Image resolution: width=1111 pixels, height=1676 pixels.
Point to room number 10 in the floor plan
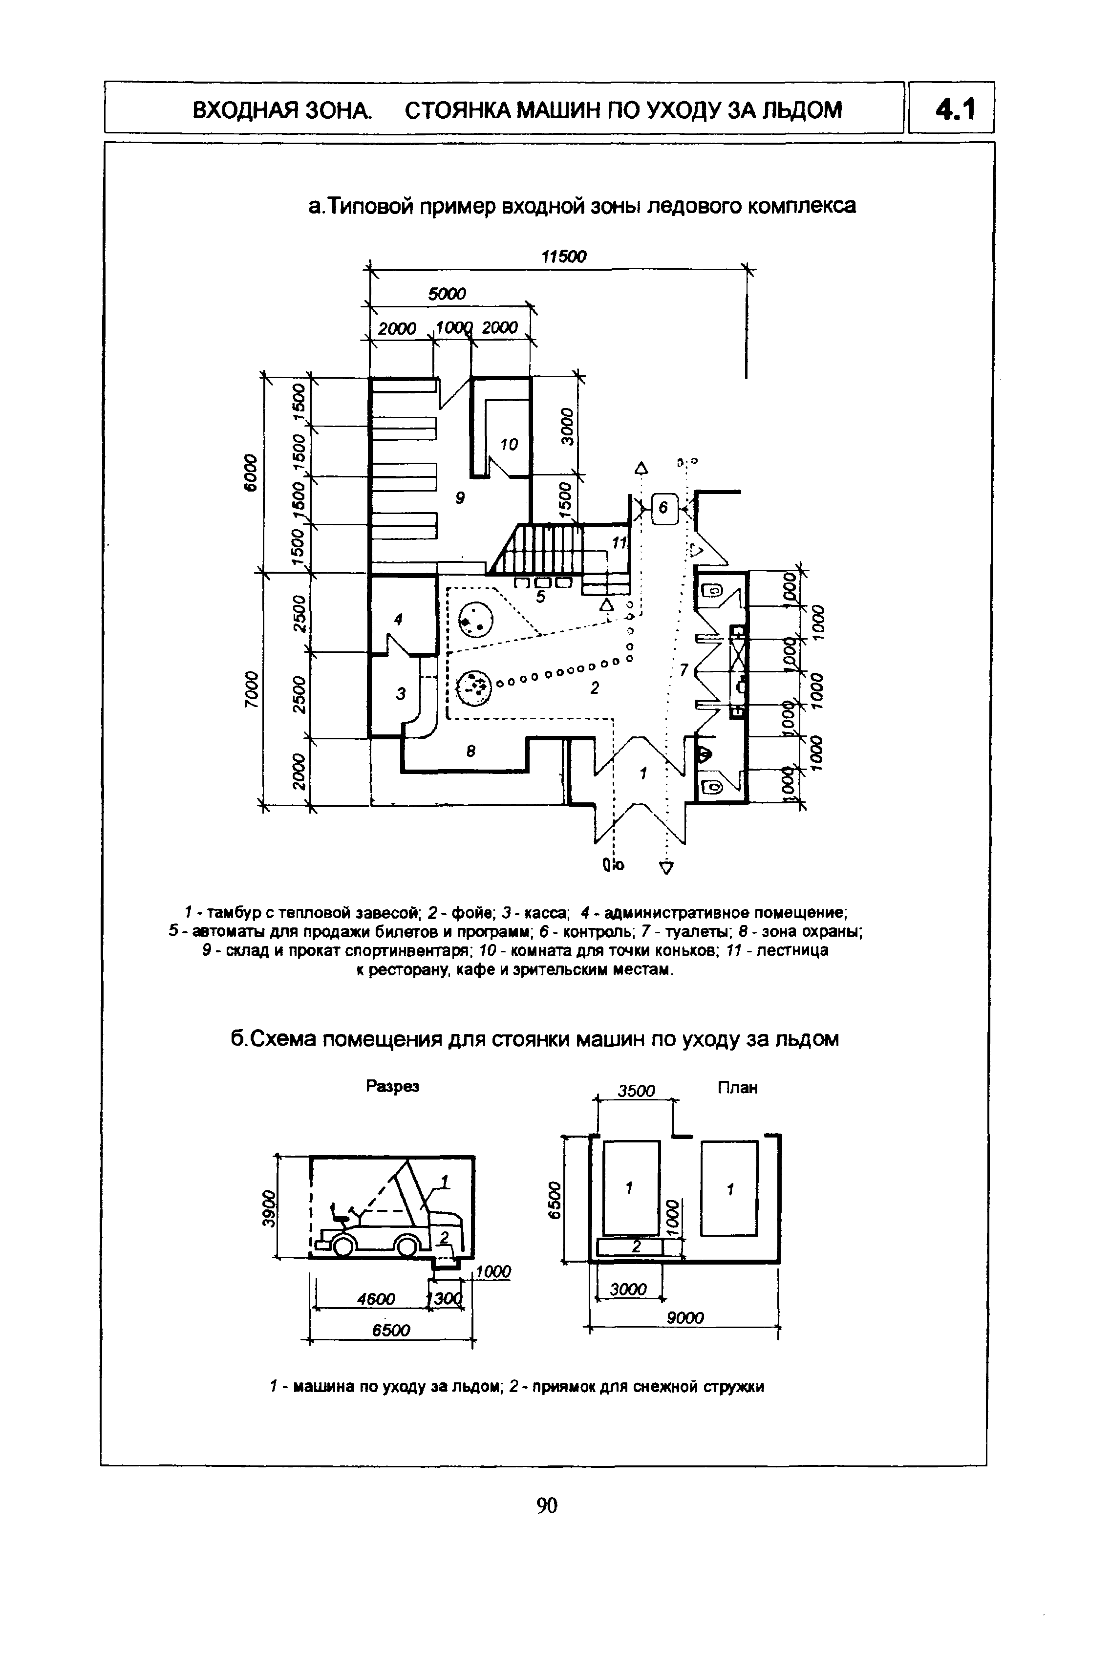pyautogui.click(x=509, y=444)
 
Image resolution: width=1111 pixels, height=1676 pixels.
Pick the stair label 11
pyautogui.click(x=620, y=543)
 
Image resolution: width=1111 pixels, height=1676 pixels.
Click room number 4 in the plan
pyautogui.click(x=398, y=620)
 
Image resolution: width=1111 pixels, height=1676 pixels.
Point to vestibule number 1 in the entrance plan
pyautogui.click(x=643, y=774)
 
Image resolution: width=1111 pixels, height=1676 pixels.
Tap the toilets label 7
pyautogui.click(x=684, y=669)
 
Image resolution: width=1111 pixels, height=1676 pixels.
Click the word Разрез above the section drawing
pyautogui.click(x=392, y=1086)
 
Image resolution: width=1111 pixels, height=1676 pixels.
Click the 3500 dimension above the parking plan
pyautogui.click(x=636, y=1091)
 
